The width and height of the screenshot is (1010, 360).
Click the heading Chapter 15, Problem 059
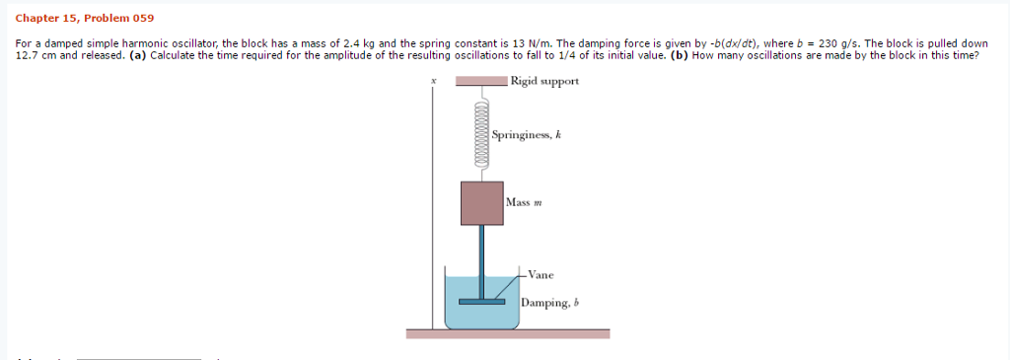click(85, 19)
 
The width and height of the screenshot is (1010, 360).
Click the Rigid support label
click(544, 81)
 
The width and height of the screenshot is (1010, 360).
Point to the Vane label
click(541, 275)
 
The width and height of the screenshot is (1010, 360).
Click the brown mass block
click(481, 202)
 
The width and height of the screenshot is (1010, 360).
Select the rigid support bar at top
click(481, 82)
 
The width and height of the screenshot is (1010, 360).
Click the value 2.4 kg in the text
click(357, 44)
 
